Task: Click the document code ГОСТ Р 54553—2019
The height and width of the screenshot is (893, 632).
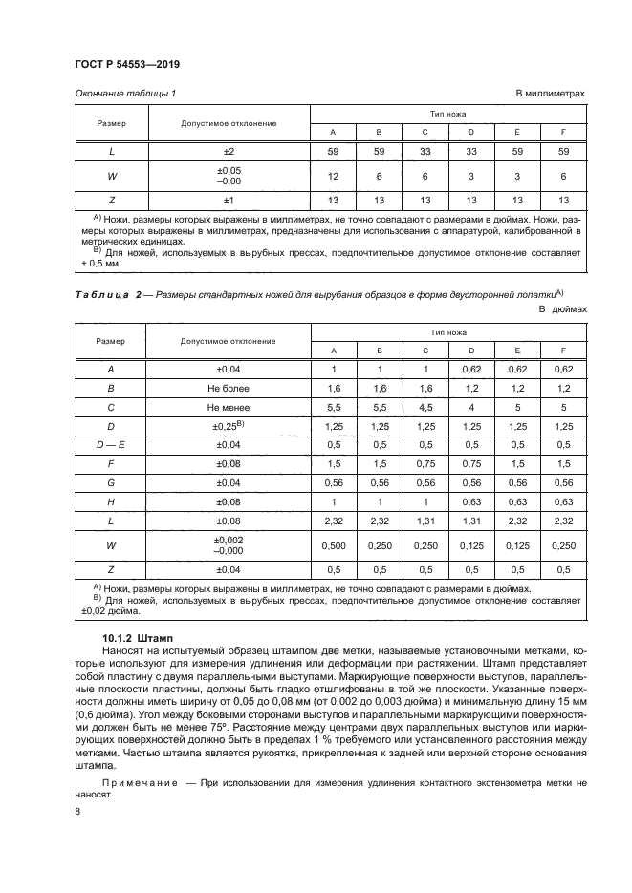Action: (x=127, y=63)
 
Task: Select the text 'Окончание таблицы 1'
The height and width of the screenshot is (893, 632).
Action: (x=124, y=93)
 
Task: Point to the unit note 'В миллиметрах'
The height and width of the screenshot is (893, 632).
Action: (x=550, y=93)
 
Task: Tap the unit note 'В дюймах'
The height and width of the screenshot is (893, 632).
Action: (x=562, y=310)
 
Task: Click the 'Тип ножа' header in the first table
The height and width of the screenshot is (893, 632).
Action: (x=447, y=114)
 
